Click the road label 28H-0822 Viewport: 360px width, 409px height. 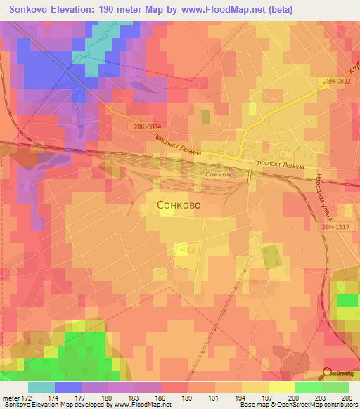(336, 82)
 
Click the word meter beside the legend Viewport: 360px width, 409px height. (11, 397)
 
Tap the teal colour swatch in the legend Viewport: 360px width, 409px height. (41, 387)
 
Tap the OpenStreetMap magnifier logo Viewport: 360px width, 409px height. (328, 374)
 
